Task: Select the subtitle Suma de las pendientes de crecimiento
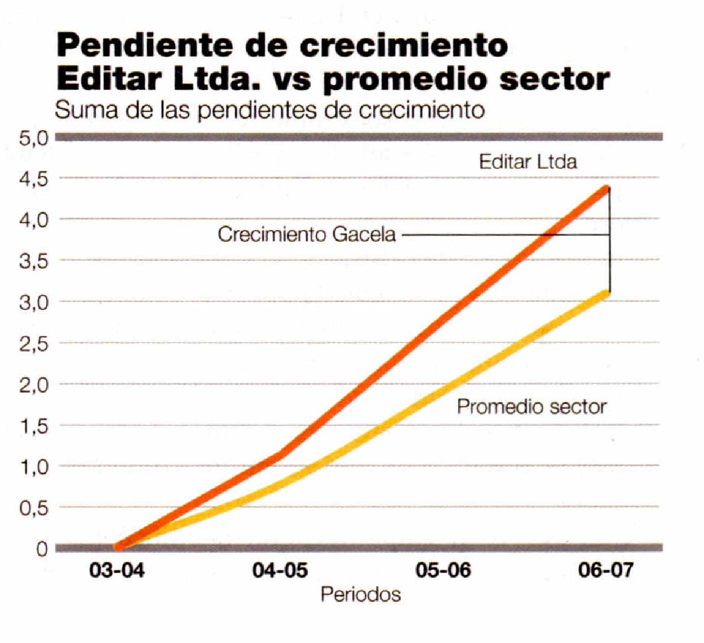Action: [270, 110]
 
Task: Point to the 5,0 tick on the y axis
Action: [33, 138]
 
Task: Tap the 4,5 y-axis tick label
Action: [33, 178]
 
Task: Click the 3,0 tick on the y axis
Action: [33, 303]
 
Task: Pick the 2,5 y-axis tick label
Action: [33, 344]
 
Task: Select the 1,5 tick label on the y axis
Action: [33, 426]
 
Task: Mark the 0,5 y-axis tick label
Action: [33, 508]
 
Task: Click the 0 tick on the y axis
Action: [41, 549]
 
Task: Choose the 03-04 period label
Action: [117, 570]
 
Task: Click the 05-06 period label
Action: [443, 570]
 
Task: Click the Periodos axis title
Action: [361, 594]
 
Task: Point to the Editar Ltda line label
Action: [528, 162]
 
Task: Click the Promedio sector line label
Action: [532, 407]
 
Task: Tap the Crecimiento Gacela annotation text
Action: [307, 235]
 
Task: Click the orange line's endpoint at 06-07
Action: [605, 189]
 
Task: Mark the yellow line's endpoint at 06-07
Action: [605, 293]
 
